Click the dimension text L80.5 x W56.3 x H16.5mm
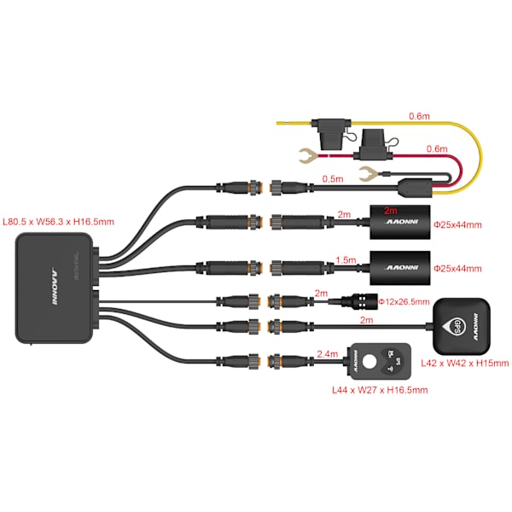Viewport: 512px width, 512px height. [58, 222]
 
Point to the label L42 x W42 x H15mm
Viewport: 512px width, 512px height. [466, 364]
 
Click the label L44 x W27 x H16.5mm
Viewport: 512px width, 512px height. [378, 391]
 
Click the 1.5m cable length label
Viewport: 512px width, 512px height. [346, 259]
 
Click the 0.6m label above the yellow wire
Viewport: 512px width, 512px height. [419, 116]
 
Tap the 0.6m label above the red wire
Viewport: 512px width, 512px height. [436, 148]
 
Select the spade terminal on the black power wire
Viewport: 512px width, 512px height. [369, 177]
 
